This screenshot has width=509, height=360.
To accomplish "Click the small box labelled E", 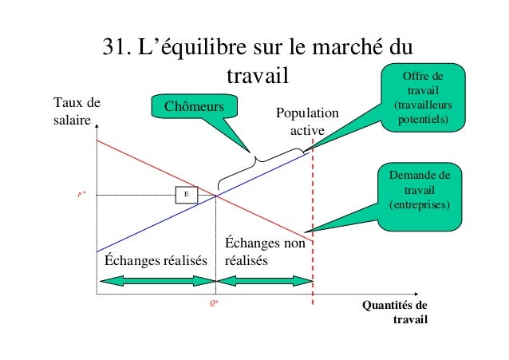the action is coord(186,194).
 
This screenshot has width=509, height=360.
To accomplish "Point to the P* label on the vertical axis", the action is coord(82,194).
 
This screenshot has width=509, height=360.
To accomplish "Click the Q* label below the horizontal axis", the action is coord(215,303).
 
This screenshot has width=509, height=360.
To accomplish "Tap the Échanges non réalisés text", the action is coord(264,251).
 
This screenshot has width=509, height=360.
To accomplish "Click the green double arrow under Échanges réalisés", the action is coord(156,280).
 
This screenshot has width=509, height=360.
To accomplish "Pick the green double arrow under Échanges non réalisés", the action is coord(265,280).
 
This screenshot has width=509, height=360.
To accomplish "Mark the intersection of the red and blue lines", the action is coord(216,195).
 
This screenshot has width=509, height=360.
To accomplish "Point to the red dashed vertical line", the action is coord(312,239).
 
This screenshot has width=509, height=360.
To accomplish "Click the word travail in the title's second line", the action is coord(255,77).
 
